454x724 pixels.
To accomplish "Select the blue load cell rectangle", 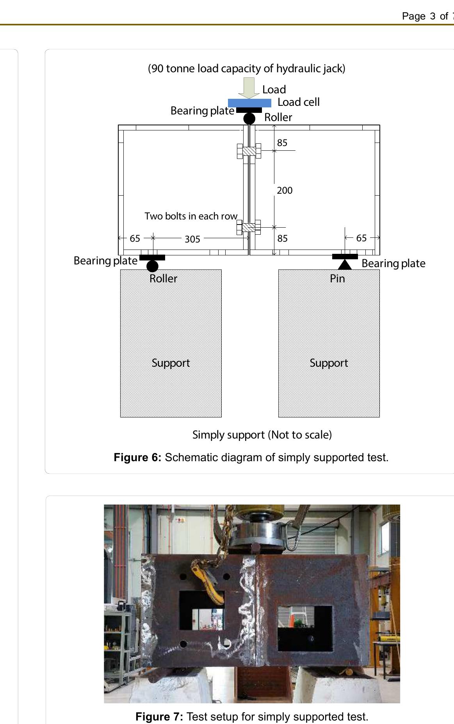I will [249, 103].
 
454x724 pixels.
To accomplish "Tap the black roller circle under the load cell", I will [249, 118].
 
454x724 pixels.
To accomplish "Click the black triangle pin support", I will [345, 264].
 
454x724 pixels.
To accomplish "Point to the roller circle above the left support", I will [152, 266].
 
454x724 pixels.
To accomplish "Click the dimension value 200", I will [285, 191].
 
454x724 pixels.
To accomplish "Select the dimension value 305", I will [192, 239].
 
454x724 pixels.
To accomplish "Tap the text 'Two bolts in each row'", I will [191, 216].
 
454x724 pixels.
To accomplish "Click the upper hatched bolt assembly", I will [249, 151].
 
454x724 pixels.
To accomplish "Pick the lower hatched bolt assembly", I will [249, 227].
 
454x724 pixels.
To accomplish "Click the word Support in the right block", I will [329, 363].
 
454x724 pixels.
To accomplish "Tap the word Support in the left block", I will [171, 363].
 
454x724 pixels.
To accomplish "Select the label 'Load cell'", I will [298, 102].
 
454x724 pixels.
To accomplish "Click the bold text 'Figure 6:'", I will [137, 457].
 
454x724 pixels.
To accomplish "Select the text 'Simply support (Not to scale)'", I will [262, 435].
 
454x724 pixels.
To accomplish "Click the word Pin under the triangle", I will [337, 278].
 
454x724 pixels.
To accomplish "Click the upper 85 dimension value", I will [282, 143].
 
